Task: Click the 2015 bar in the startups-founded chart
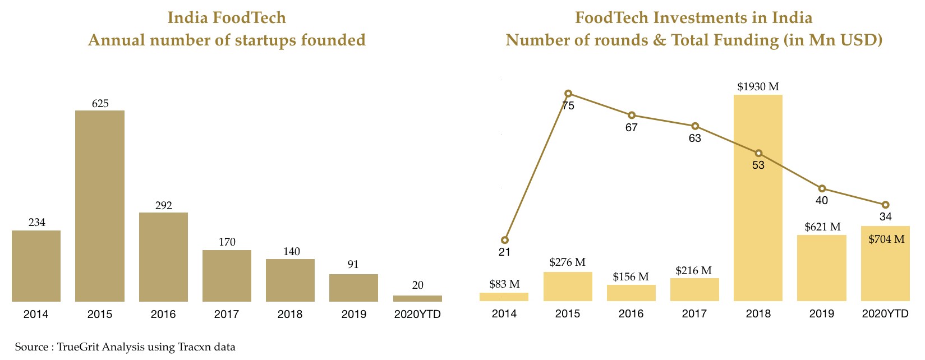pos(100,206)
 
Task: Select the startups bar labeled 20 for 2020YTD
pos(417,298)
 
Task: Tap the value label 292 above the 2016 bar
pos(163,206)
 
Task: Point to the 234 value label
pos(36,223)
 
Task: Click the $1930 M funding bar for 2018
pos(758,224)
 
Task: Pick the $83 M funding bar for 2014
pos(504,297)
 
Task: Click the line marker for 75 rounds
pos(568,94)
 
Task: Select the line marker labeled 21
pos(505,240)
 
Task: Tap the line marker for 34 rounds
pos(886,205)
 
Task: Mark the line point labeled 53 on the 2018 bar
pos(758,153)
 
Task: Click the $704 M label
pos(886,239)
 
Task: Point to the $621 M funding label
pos(822,227)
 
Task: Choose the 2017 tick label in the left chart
pos(227,315)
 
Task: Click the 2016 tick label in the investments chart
pos(631,314)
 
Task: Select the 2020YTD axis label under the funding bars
pos(885,314)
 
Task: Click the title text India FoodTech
pos(227,18)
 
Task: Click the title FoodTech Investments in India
pos(693,18)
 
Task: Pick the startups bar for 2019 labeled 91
pos(353,288)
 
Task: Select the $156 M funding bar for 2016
pos(631,293)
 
